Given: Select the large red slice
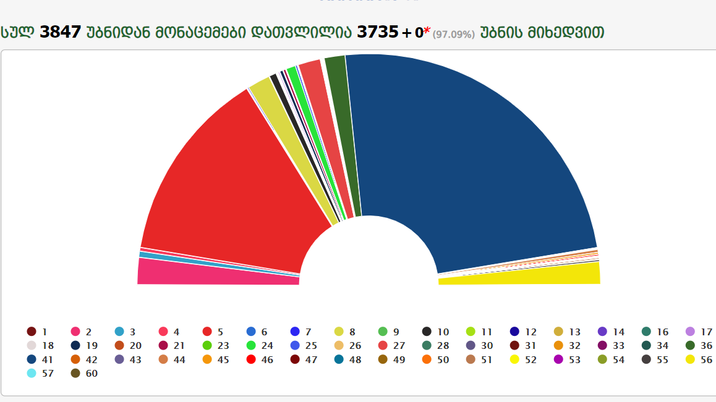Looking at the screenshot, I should [x=235, y=185].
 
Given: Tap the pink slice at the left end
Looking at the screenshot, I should [x=216, y=273].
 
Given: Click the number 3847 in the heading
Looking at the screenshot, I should [x=60, y=32].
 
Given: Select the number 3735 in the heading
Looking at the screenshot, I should [x=377, y=32].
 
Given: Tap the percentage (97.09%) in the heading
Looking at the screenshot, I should [x=453, y=35].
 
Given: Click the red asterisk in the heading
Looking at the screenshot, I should [x=427, y=30].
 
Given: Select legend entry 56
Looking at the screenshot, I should [x=699, y=359].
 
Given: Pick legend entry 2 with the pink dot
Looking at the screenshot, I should [x=83, y=332].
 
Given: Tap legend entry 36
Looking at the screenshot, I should [x=699, y=346].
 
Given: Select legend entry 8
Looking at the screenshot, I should [x=346, y=332].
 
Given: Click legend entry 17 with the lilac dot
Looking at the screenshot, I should [x=699, y=332].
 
